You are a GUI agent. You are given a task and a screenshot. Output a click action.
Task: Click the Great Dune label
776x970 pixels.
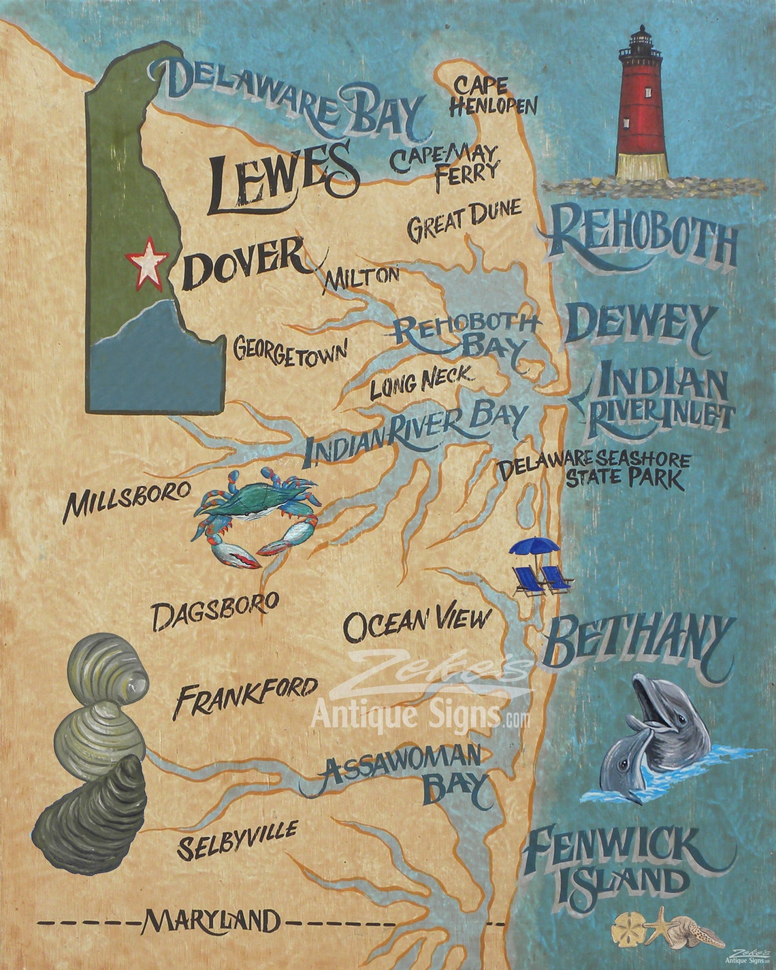click(464, 219)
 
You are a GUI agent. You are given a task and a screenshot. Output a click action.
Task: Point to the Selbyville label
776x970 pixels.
click(236, 839)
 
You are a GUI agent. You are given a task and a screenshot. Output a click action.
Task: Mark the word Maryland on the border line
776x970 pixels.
click(210, 922)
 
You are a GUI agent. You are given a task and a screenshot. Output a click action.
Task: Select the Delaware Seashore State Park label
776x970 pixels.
click(592, 470)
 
